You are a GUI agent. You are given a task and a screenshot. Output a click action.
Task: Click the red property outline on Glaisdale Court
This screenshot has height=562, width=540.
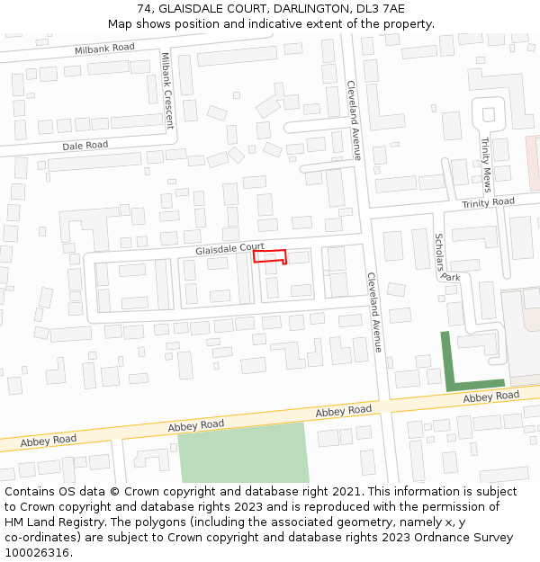coord(269,256)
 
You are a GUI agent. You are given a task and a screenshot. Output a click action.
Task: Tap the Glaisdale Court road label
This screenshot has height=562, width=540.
coord(229,248)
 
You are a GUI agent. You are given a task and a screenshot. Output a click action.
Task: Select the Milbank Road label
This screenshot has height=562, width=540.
coord(104,48)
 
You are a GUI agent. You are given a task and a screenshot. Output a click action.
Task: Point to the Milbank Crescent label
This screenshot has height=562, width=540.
coord(166,90)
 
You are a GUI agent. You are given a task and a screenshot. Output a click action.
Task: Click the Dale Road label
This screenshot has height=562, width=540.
coord(85,145)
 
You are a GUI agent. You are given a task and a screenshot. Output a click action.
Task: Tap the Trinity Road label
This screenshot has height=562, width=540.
coord(488,203)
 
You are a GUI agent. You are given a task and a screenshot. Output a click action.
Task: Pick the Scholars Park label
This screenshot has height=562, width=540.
coord(446,258)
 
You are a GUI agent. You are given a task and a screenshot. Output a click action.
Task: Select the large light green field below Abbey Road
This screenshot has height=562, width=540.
coord(243,452)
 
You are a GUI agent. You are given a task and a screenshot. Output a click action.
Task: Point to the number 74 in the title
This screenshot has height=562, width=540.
coord(145,9)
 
